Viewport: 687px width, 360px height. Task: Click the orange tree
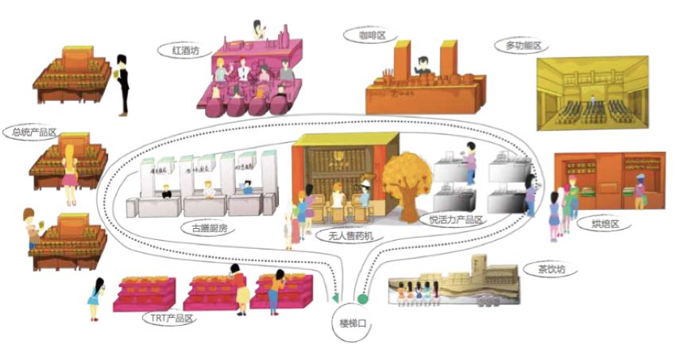(x=406, y=180)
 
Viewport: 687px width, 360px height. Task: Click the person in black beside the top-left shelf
(x=122, y=83)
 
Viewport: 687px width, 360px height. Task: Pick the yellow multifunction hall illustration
(x=588, y=95)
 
